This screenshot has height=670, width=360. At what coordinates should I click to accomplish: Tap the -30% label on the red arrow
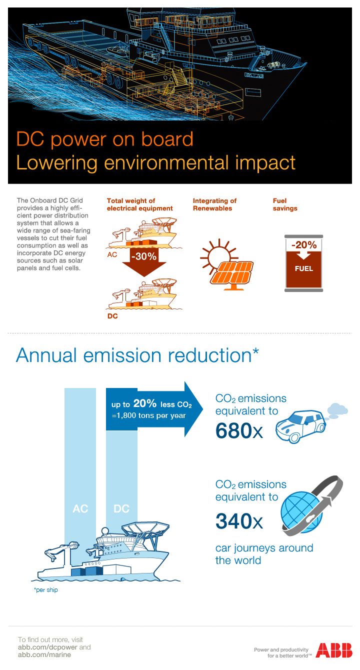click(x=143, y=257)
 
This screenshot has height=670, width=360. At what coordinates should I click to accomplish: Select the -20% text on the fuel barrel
click(x=304, y=245)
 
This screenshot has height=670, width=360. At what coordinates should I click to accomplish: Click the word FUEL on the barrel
click(x=304, y=268)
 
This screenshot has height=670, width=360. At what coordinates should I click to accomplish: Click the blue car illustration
click(x=300, y=425)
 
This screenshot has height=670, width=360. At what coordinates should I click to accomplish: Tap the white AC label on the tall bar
click(x=80, y=509)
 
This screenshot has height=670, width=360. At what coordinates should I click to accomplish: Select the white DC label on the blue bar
click(x=121, y=509)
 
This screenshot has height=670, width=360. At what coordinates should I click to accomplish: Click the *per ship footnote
click(x=45, y=590)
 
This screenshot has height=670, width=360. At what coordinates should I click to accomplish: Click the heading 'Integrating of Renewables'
click(x=214, y=204)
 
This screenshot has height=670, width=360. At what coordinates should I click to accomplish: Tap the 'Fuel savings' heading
click(x=285, y=204)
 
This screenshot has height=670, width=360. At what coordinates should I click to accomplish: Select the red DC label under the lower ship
click(x=112, y=316)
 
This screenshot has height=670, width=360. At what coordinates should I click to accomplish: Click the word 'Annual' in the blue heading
click(x=46, y=355)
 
